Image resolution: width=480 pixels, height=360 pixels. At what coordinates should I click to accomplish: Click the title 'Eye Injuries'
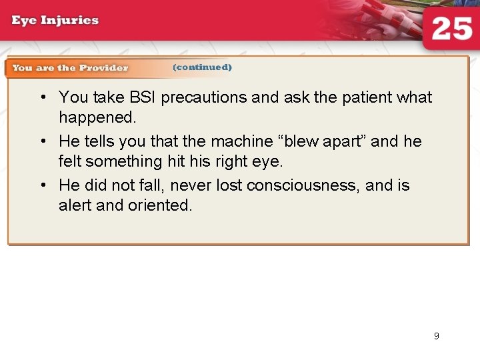[x=55, y=20]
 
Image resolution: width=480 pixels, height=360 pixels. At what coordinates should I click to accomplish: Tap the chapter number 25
[x=452, y=30]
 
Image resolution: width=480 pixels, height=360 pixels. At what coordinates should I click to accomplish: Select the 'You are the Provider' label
[x=70, y=68]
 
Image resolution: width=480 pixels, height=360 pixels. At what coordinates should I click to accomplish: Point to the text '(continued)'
[x=202, y=67]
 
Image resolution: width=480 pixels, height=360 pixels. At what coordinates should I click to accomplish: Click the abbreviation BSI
[x=139, y=97]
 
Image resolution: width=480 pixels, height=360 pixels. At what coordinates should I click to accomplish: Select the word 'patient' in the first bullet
[x=368, y=97]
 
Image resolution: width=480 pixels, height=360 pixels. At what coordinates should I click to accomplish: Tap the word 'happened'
[x=97, y=118]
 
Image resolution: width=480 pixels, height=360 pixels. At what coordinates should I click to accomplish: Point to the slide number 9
[x=437, y=336]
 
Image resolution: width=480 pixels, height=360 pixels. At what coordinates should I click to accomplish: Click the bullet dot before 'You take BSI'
[x=42, y=98]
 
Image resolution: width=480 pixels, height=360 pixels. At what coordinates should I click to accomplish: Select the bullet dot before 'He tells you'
[x=42, y=142]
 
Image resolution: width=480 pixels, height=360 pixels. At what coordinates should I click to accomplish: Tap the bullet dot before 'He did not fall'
[x=42, y=186]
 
